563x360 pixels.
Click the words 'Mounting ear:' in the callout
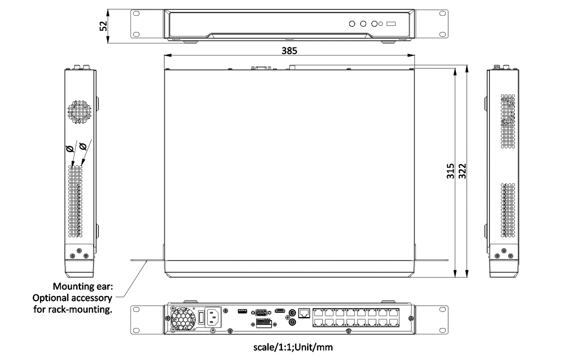click(x=82, y=286)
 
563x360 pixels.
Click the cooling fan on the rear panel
click(x=183, y=318)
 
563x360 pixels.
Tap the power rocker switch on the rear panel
click(x=201, y=317)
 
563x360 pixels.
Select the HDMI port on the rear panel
click(x=280, y=311)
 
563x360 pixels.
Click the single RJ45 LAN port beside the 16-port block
click(x=304, y=313)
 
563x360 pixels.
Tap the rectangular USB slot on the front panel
click(x=391, y=24)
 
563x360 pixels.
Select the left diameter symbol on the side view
click(x=70, y=149)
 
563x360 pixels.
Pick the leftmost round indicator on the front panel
click(x=353, y=24)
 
